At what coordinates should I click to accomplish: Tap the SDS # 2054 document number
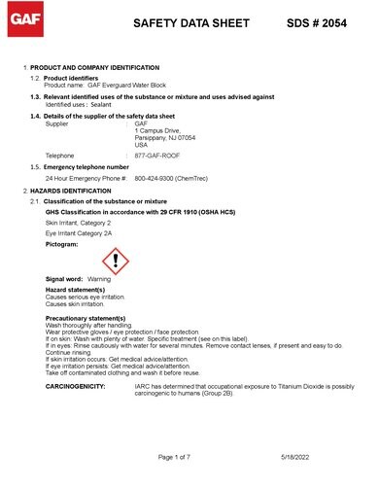[322, 20]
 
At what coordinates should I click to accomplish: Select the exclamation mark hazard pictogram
[115, 260]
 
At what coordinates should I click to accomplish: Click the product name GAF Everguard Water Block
[115, 86]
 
